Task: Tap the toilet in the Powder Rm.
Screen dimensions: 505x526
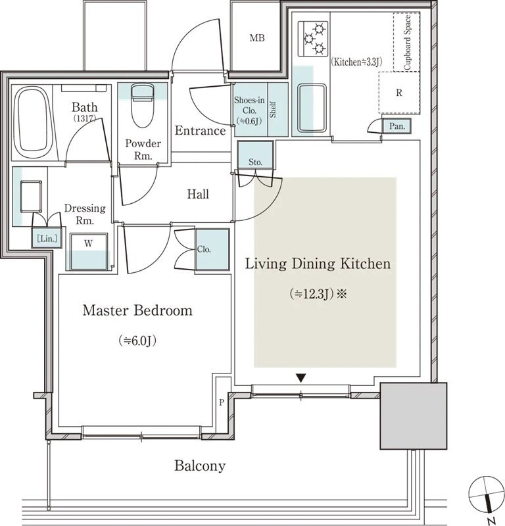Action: pyautogui.click(x=142, y=105)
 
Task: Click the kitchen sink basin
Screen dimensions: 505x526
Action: pyautogui.click(x=312, y=108)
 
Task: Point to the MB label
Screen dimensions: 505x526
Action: pyautogui.click(x=257, y=38)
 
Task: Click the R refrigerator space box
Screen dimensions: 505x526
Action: pyautogui.click(x=399, y=93)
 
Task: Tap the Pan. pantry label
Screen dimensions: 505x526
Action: pyautogui.click(x=397, y=126)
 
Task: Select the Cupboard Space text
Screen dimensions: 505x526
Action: pyautogui.click(x=407, y=43)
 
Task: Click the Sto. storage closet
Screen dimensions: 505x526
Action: pyautogui.click(x=255, y=155)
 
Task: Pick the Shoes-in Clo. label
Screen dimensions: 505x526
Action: pyautogui.click(x=249, y=110)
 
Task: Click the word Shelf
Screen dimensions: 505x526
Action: pyautogui.click(x=273, y=110)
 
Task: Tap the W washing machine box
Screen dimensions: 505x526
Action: pyautogui.click(x=89, y=251)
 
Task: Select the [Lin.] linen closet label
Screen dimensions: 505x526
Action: pyautogui.click(x=47, y=239)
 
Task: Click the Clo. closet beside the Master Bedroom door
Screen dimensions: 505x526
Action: pyautogui.click(x=212, y=249)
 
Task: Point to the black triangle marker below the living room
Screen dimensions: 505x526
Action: pyautogui.click(x=301, y=379)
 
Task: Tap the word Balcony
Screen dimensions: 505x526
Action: pyautogui.click(x=200, y=466)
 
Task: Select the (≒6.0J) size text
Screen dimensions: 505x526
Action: pyautogui.click(x=137, y=341)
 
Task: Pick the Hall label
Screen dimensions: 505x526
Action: pyautogui.click(x=198, y=194)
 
